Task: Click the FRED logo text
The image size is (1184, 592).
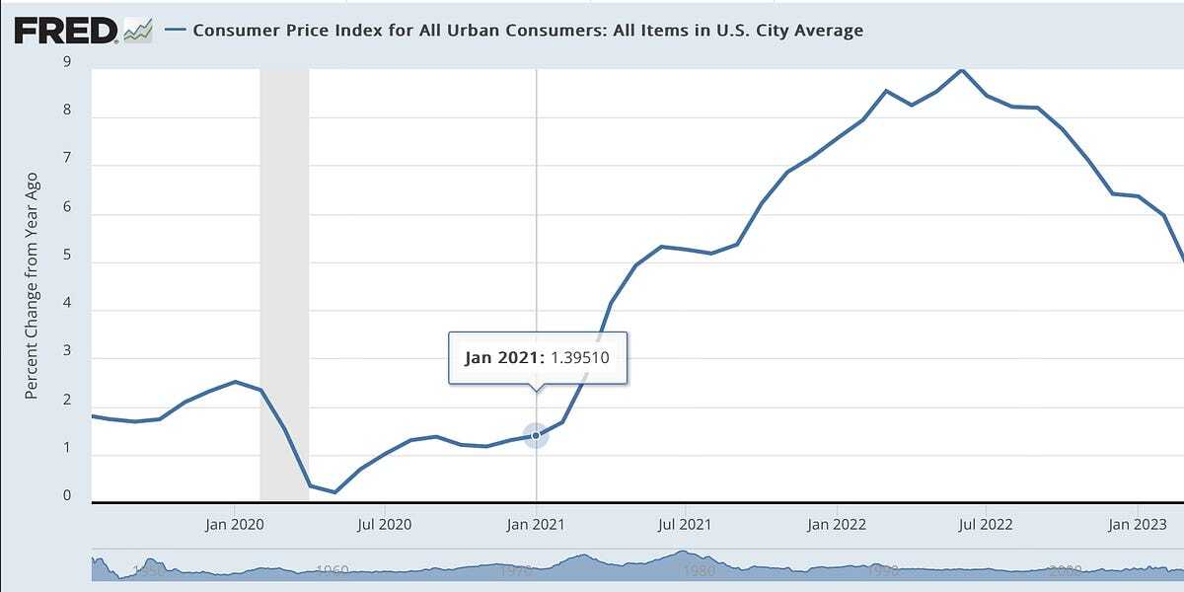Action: pos(65,31)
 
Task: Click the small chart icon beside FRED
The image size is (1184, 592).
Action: pos(138,32)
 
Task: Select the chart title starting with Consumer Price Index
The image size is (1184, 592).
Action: pos(528,30)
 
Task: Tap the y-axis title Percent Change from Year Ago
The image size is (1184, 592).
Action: pos(31,286)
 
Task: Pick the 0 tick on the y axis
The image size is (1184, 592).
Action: pos(66,495)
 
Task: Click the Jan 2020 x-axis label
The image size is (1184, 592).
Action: pos(234,524)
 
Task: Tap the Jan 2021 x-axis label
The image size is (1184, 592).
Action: pos(537,524)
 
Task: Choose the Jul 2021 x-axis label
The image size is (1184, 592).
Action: pos(685,524)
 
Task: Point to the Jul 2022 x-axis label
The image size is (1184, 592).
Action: pos(985,524)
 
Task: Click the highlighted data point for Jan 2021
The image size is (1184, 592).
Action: pos(536,435)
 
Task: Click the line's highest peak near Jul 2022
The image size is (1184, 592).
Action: pos(961,70)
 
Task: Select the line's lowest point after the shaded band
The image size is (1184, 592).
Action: pos(334,491)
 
